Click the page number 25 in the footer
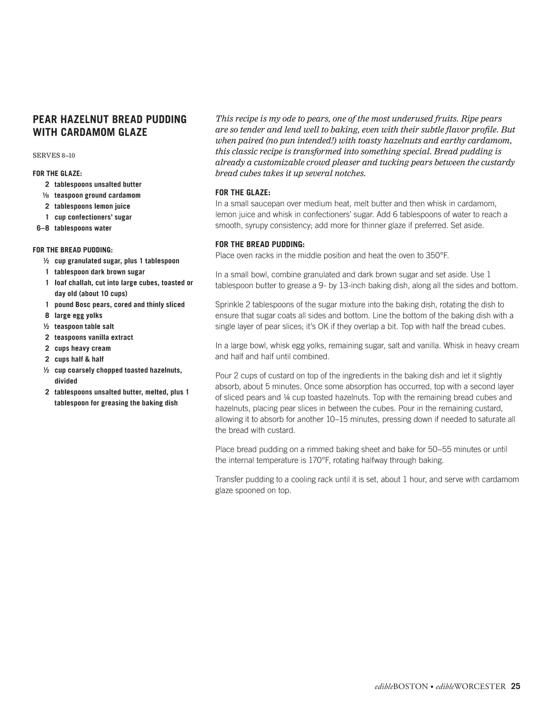(x=516, y=686)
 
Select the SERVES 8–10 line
(x=54, y=156)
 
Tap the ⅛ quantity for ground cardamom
(x=46, y=195)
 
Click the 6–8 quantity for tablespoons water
(x=43, y=228)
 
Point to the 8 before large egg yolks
(x=47, y=316)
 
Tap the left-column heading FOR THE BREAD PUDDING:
(x=73, y=250)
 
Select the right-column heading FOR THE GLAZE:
(x=242, y=193)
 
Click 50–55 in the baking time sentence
(x=440, y=449)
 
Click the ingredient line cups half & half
(x=79, y=359)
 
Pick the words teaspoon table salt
(x=84, y=327)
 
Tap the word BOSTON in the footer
(x=410, y=686)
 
